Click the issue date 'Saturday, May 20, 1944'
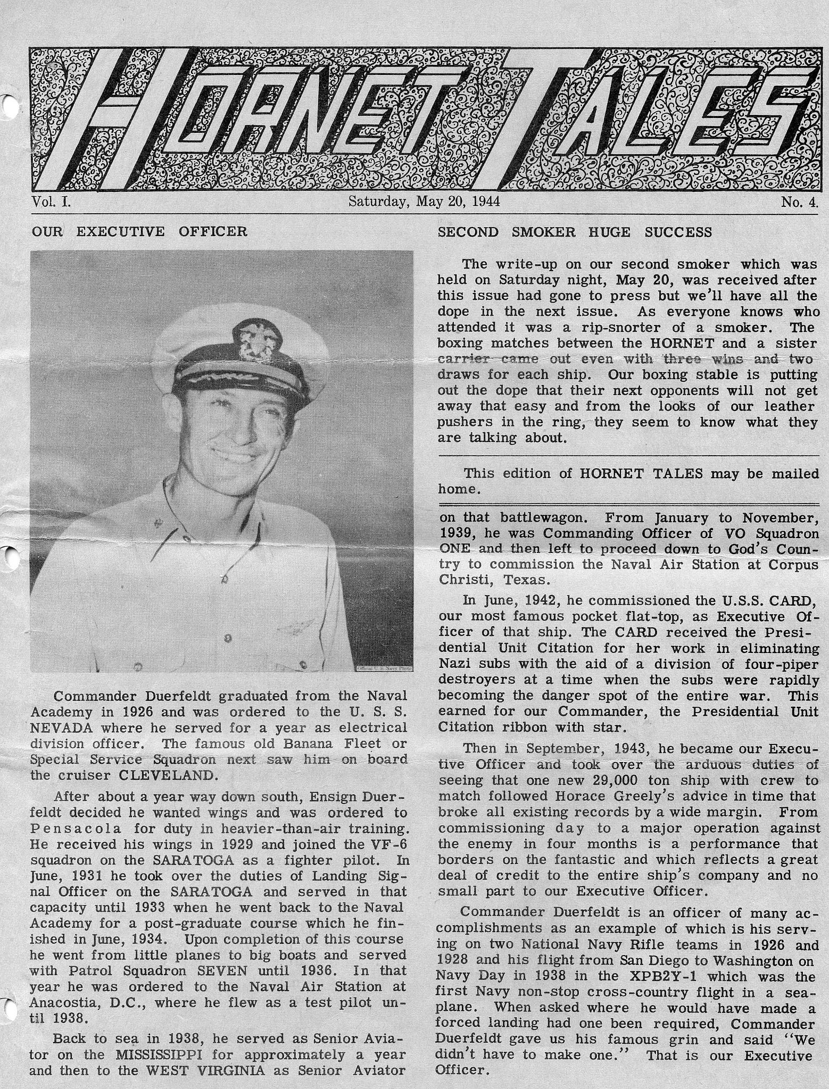tap(423, 202)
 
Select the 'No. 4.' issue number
tap(800, 202)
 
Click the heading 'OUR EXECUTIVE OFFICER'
tap(139, 231)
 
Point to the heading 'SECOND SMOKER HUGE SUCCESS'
tap(575, 232)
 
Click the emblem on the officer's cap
tap(250, 339)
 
